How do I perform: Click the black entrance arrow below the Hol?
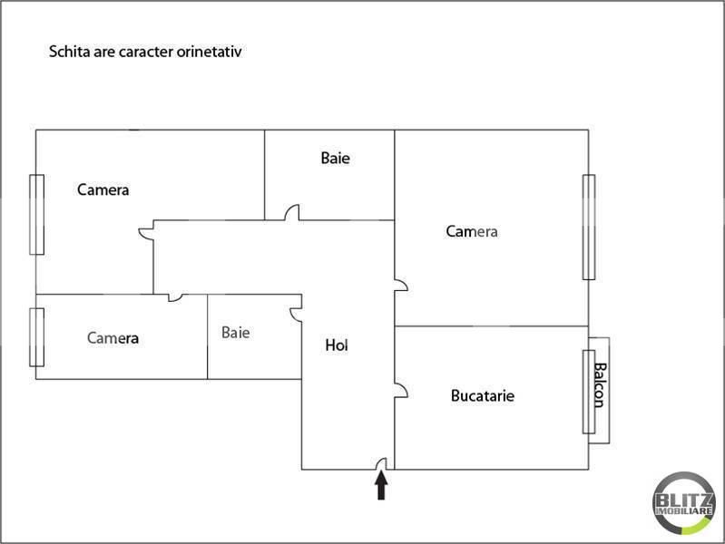(381, 487)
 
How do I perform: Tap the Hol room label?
(337, 345)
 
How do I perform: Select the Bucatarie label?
(483, 396)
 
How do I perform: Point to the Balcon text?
(599, 386)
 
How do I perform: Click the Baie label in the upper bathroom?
(335, 158)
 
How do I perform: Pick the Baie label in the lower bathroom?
(235, 333)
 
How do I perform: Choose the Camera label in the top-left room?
(103, 190)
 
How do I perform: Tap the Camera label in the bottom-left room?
(113, 338)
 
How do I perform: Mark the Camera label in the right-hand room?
(472, 231)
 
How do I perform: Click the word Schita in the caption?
(66, 52)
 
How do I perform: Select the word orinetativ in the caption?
(210, 52)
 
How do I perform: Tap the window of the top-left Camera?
(37, 214)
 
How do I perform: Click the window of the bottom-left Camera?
(37, 337)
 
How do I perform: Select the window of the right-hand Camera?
(588, 227)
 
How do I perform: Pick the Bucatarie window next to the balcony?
(588, 391)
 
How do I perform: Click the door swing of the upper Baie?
(292, 213)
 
